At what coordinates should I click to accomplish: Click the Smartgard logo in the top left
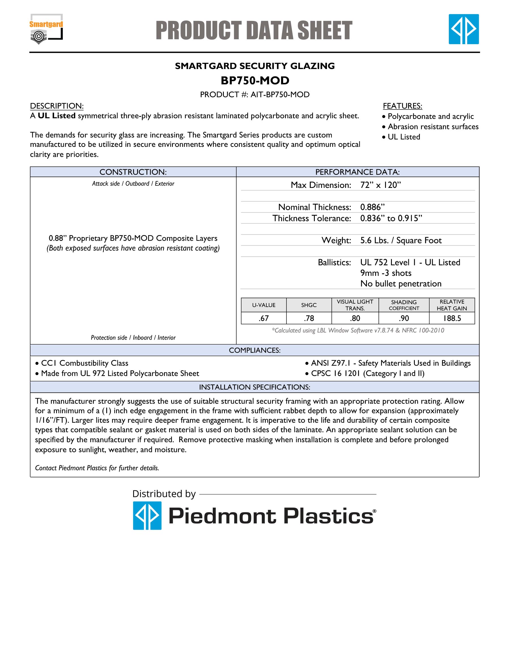(x=46, y=29)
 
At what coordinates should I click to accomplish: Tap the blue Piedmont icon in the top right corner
(x=464, y=29)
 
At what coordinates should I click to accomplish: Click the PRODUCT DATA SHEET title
(x=254, y=31)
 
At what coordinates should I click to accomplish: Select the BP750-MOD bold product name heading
(x=255, y=81)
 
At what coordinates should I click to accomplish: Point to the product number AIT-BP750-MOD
(x=255, y=95)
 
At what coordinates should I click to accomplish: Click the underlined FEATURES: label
(x=402, y=106)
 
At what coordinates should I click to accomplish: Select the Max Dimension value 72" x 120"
(x=381, y=185)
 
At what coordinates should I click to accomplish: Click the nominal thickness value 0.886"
(x=372, y=207)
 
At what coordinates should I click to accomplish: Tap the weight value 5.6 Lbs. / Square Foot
(x=401, y=241)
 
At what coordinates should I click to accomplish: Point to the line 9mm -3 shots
(x=386, y=273)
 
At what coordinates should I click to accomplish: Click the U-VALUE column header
(x=264, y=305)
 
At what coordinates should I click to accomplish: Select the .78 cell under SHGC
(x=309, y=318)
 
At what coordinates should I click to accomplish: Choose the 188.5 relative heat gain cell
(x=452, y=318)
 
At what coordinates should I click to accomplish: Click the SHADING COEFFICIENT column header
(x=404, y=305)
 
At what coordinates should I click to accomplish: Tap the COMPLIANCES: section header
(x=255, y=350)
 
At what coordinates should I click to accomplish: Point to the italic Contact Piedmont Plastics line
(x=97, y=468)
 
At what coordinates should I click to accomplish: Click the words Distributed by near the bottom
(x=164, y=494)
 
